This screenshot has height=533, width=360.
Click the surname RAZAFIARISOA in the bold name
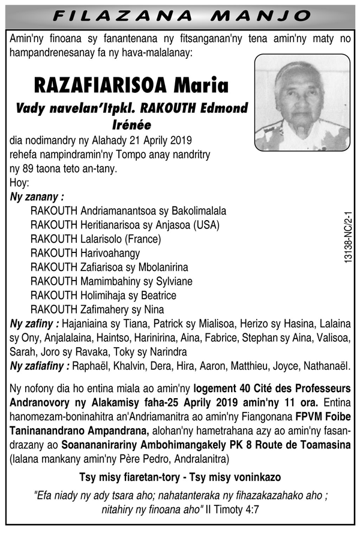tap(100, 86)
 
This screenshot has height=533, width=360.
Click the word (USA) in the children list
tap(208, 225)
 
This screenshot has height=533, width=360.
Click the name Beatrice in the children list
tap(157, 296)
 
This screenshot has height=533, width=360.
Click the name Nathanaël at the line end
tap(331, 366)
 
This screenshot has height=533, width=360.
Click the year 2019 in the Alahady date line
tap(179, 141)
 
